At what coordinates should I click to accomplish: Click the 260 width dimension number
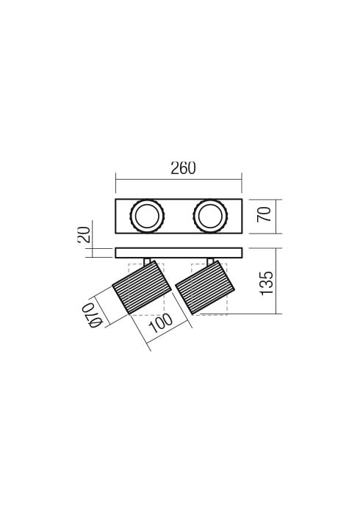[x=183, y=168]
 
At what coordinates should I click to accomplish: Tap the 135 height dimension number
[x=267, y=283]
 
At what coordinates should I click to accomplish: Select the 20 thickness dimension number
[x=84, y=234]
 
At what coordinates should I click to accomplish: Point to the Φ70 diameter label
[x=92, y=315]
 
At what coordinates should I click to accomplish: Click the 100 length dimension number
[x=160, y=323]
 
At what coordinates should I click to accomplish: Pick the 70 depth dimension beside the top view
[x=264, y=214]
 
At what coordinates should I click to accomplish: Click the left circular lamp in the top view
[x=147, y=216]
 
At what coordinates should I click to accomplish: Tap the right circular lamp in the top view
[x=210, y=216]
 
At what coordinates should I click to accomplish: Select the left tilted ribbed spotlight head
[x=142, y=288]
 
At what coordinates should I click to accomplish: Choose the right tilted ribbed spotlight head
[x=205, y=288]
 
